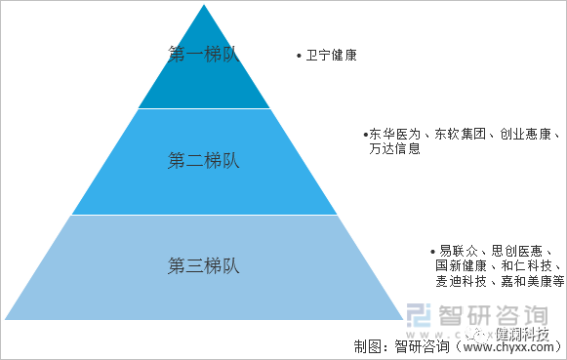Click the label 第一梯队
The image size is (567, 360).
(203, 55)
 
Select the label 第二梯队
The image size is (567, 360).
(203, 160)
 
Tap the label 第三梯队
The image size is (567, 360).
(203, 265)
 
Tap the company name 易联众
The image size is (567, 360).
(459, 250)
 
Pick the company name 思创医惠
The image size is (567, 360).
(524, 250)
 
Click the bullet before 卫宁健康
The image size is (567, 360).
(299, 57)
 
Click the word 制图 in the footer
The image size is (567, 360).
(367, 346)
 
